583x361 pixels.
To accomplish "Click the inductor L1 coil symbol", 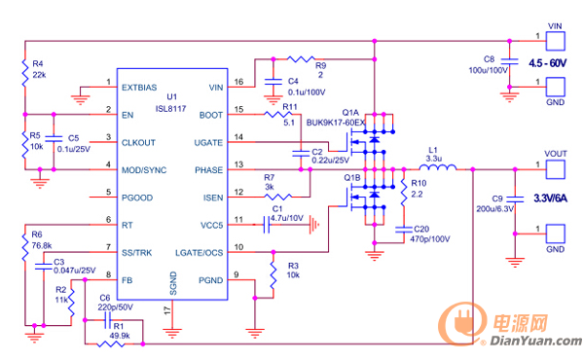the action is (x=438, y=167).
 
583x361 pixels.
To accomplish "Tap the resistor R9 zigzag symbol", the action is (x=301, y=58).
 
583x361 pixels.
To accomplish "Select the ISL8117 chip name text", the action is (x=170, y=109).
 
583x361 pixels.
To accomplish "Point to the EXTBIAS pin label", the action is (x=139, y=88).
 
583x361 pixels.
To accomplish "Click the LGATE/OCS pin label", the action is (x=200, y=253).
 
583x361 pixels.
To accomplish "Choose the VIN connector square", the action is (x=556, y=41).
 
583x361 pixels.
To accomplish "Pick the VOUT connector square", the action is (x=556, y=169).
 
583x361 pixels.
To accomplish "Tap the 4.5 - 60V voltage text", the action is (x=548, y=63).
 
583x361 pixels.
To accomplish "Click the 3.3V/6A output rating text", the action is (x=551, y=199).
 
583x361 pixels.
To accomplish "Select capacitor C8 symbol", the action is (x=509, y=61).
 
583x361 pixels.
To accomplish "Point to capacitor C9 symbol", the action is (x=515, y=199).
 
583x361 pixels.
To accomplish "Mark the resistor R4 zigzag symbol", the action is (x=25, y=73).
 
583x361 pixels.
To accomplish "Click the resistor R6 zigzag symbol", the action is (x=25, y=247).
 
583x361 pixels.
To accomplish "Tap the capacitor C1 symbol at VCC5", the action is (x=267, y=225).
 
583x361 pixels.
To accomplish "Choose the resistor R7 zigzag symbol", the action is (x=278, y=197).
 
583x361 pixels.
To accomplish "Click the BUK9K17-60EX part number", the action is (x=336, y=123).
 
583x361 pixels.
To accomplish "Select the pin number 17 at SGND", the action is (x=167, y=310).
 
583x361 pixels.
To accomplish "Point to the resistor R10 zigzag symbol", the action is (x=404, y=193).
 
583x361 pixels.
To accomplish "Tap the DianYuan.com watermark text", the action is (x=535, y=341).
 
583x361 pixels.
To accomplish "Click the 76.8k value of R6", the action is (x=42, y=246).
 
